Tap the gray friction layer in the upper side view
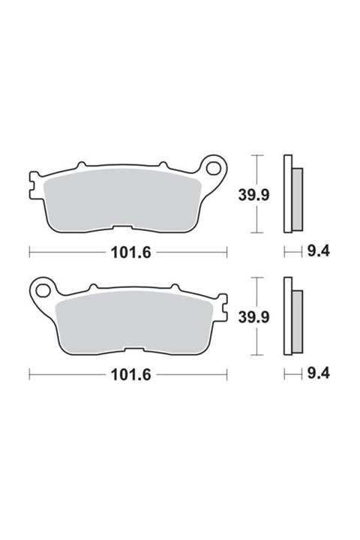296,199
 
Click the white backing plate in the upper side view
286,195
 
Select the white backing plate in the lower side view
286,317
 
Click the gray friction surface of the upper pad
124,199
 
